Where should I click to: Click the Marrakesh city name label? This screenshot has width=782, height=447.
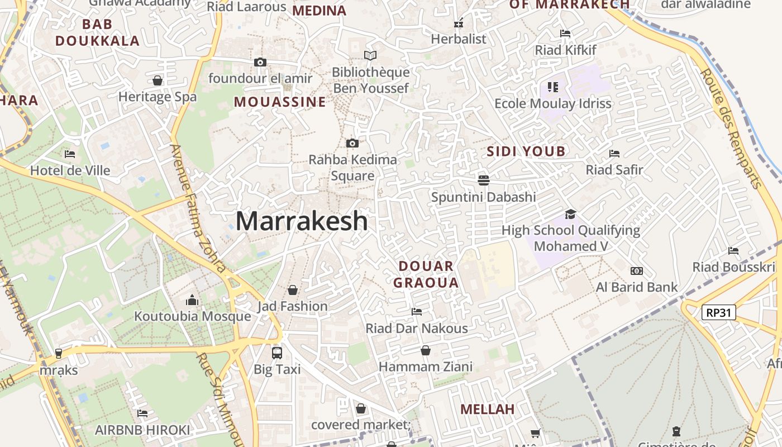click(x=302, y=221)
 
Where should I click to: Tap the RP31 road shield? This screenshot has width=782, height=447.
click(x=718, y=312)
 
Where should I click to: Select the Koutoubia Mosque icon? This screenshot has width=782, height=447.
click(x=192, y=300)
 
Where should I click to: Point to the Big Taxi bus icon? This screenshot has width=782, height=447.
click(x=277, y=353)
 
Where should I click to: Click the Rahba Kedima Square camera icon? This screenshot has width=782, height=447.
click(x=352, y=144)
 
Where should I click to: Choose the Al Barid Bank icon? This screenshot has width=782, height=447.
click(x=636, y=271)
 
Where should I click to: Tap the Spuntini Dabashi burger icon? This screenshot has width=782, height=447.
click(x=484, y=180)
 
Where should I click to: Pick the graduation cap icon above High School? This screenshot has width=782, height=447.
click(x=570, y=214)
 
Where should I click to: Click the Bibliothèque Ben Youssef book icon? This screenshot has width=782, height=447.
click(x=370, y=55)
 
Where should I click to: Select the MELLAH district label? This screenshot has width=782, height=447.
click(x=487, y=410)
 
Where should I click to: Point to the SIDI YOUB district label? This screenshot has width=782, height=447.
click(x=526, y=151)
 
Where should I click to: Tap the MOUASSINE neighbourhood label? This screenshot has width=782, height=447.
click(x=279, y=102)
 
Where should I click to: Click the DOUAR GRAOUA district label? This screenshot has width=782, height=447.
click(x=426, y=274)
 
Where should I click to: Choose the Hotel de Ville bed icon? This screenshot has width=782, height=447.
click(x=70, y=154)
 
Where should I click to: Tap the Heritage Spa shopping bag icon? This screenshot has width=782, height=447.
click(x=158, y=80)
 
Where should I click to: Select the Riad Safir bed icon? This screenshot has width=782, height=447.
click(x=614, y=153)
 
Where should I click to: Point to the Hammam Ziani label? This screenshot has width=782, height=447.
click(x=426, y=367)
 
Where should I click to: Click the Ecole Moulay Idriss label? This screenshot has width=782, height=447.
click(x=553, y=104)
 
